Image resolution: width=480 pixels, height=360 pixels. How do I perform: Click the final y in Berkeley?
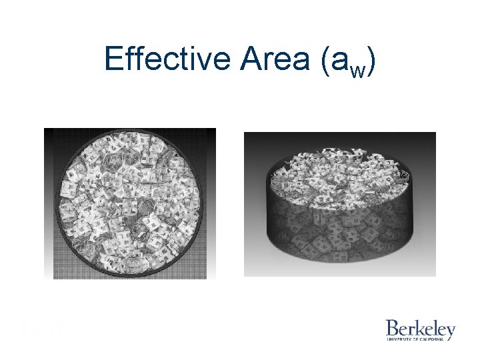[451, 331]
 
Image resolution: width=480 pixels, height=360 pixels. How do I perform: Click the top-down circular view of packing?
[130, 203]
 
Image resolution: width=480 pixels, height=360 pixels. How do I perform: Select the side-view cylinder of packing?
[340, 203]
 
